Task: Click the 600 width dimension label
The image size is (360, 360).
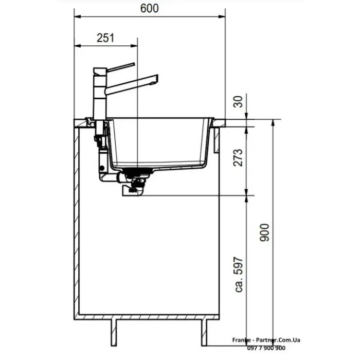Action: [149, 8]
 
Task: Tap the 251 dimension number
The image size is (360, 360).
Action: [105, 38]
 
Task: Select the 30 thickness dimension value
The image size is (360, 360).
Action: [238, 102]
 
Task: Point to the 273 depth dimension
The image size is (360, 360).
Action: [238, 158]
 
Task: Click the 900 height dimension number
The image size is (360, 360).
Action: [264, 232]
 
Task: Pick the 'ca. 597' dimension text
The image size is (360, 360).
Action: [239, 275]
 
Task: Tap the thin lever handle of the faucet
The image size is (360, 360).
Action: [121, 67]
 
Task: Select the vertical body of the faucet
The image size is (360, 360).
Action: [100, 94]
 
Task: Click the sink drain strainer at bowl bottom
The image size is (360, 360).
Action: [138, 170]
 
